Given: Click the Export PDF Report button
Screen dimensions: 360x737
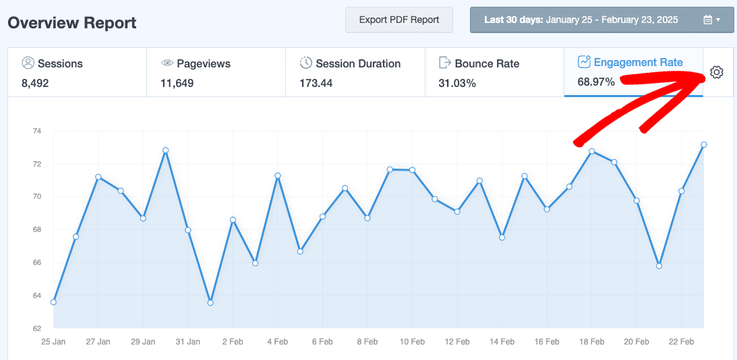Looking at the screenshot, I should point(399,20).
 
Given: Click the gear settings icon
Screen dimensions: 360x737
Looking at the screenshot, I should point(717,73).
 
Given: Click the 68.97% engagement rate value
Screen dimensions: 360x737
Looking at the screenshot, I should point(596,82).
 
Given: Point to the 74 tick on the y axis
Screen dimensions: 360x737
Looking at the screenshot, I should point(36,131).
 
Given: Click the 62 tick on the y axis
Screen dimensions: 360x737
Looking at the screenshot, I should point(36,329).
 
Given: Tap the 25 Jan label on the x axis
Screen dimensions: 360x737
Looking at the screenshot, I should point(54,342).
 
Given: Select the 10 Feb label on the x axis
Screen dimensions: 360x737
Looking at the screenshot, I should point(412,342).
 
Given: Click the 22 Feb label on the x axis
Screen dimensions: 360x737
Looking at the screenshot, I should point(681,342).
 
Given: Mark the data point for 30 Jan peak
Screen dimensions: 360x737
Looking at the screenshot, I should point(165,150).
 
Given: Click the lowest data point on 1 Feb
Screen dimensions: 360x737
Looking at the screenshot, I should point(210,303).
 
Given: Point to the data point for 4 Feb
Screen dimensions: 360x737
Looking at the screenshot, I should point(277,175).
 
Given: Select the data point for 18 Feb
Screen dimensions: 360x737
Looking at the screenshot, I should point(591,151).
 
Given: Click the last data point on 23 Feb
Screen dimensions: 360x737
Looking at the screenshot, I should point(703,144).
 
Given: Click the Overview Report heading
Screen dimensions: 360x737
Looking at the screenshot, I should point(72,23).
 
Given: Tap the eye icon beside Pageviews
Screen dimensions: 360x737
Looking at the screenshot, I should point(167,63).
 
